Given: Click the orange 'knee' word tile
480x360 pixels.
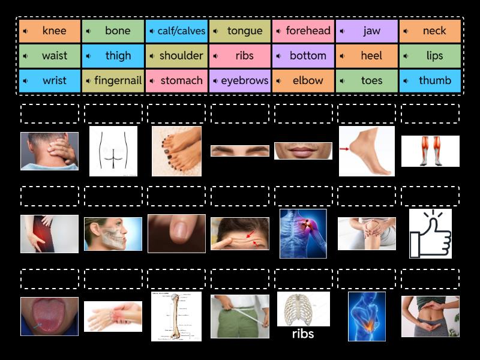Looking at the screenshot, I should [x=50, y=31].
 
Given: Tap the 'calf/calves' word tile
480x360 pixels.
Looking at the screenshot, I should [x=176, y=31].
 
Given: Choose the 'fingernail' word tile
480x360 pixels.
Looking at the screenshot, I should [x=113, y=80].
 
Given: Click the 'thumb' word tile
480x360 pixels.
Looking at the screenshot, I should [x=430, y=80].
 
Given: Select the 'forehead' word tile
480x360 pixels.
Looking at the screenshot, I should [x=302, y=31].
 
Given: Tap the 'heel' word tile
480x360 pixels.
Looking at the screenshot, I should [x=366, y=56].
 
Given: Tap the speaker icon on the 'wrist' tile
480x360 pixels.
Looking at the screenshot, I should [x=26, y=80].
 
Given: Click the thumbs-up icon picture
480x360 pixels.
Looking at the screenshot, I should [x=430, y=233].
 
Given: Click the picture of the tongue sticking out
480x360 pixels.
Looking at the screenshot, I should [x=49, y=316].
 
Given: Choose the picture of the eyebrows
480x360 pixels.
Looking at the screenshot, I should [x=239, y=151].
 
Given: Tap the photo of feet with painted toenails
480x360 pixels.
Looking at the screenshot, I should [x=176, y=151].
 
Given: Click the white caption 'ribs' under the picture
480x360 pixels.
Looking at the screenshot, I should [x=303, y=334].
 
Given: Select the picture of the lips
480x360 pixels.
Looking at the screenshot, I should [x=303, y=151].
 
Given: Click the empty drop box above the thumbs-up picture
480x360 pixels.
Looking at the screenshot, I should [x=430, y=196].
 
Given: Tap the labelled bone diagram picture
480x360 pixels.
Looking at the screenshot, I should [x=176, y=316].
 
